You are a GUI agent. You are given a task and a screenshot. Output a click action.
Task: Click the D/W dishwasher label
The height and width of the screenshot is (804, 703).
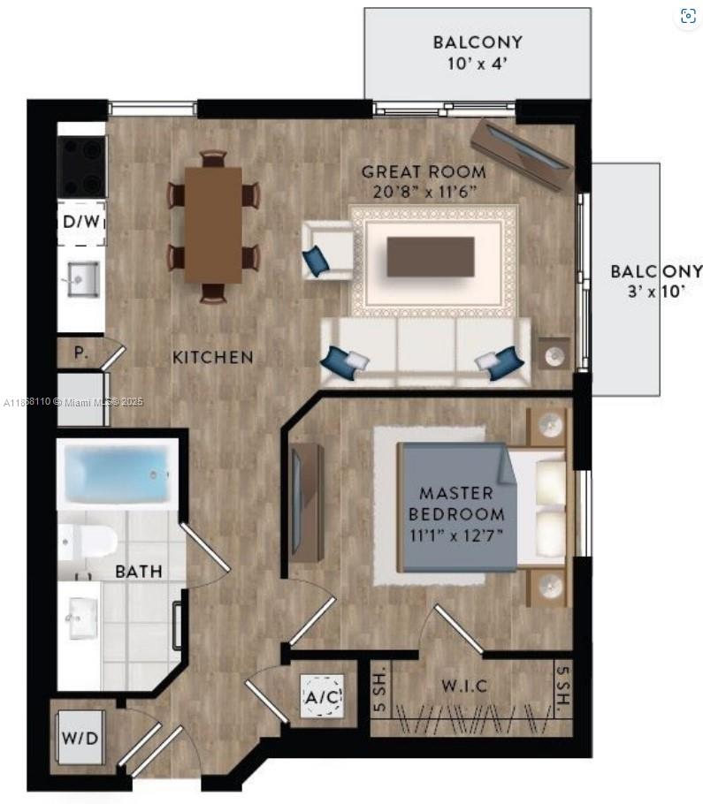[x=82, y=222]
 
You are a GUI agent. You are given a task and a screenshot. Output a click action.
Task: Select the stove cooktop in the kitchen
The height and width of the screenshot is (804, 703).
[x=81, y=167]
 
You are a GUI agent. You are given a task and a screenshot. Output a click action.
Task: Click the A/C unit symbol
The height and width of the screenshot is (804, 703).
[x=323, y=696]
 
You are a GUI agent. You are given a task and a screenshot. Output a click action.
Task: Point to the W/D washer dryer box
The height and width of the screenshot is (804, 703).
[x=80, y=739]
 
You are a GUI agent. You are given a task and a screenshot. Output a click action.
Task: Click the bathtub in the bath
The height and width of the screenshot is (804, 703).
[x=118, y=474]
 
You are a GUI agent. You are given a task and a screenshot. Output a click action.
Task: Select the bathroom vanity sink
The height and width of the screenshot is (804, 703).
[x=83, y=618]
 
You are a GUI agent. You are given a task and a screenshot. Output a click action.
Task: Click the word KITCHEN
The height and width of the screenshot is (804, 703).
[x=212, y=358]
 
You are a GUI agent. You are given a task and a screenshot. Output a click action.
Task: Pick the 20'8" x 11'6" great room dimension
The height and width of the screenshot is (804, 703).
[x=424, y=192]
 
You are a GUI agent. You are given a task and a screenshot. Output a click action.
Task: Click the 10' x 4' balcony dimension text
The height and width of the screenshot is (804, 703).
[x=478, y=64]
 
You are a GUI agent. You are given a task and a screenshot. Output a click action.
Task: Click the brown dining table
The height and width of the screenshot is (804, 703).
[x=213, y=225]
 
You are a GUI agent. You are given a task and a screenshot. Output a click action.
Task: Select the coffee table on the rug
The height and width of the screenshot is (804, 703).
[x=431, y=256]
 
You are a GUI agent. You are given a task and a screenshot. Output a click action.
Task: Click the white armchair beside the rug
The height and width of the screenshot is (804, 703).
[x=328, y=251]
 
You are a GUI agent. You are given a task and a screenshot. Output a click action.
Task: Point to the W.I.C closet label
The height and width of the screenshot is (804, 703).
[x=464, y=686]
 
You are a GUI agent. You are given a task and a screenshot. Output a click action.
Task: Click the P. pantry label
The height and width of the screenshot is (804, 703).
[x=80, y=353]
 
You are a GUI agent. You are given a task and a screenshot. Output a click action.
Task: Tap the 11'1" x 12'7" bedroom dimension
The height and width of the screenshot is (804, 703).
[x=456, y=535]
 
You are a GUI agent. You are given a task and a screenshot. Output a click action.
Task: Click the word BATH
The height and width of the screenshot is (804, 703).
[x=139, y=572]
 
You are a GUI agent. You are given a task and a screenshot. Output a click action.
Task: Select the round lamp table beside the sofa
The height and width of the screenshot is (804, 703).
[x=554, y=354]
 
